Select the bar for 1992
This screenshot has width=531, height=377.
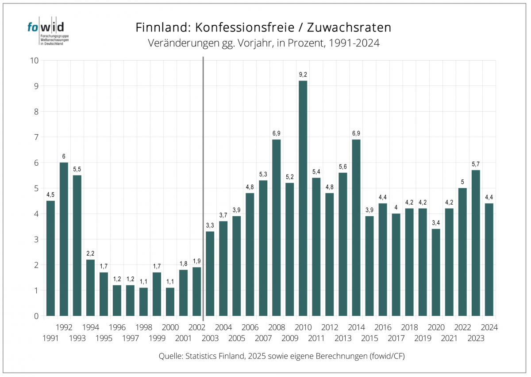(64, 239)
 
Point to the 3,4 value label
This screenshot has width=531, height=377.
(435, 223)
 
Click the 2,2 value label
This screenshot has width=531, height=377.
(90, 253)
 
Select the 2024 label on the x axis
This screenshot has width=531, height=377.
(489, 328)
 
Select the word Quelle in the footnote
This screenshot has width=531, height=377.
(170, 356)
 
